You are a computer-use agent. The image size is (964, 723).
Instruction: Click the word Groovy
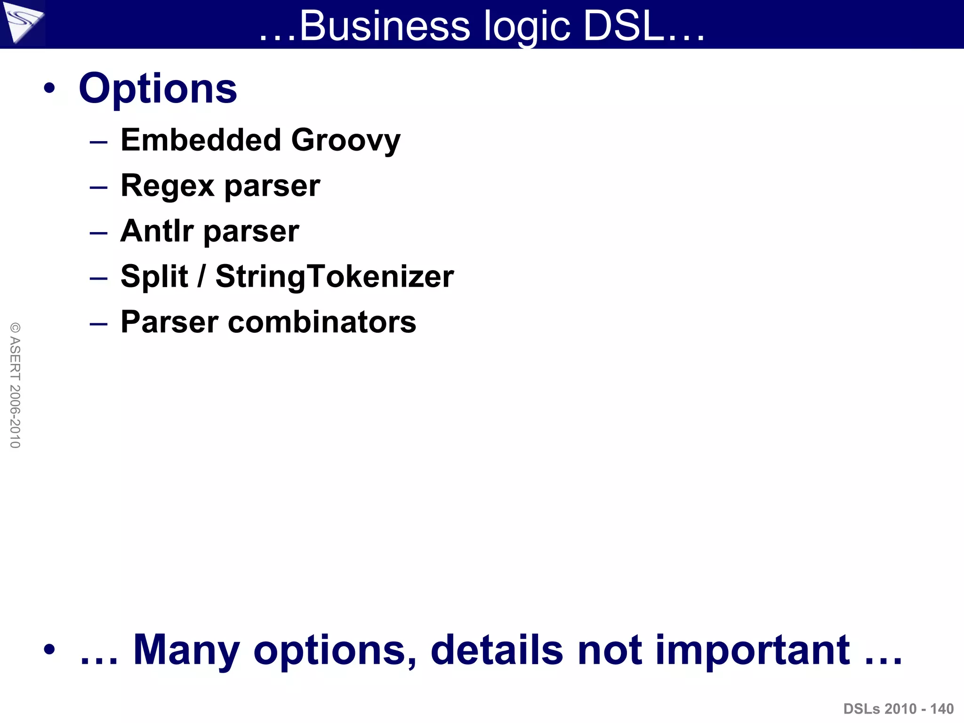coord(345,141)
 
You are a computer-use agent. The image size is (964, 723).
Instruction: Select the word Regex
coord(167,186)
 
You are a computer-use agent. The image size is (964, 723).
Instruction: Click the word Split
coord(154,276)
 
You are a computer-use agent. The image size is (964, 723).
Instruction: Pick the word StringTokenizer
coord(334,277)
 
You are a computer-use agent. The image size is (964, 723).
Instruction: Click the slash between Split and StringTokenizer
coord(201,276)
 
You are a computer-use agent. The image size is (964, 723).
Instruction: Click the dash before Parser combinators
coord(99,324)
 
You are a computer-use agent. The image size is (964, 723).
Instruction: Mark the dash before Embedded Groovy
coord(99,142)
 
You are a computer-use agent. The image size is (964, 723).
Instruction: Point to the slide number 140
coord(942,709)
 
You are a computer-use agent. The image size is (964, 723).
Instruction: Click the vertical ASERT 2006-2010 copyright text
coord(15,385)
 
